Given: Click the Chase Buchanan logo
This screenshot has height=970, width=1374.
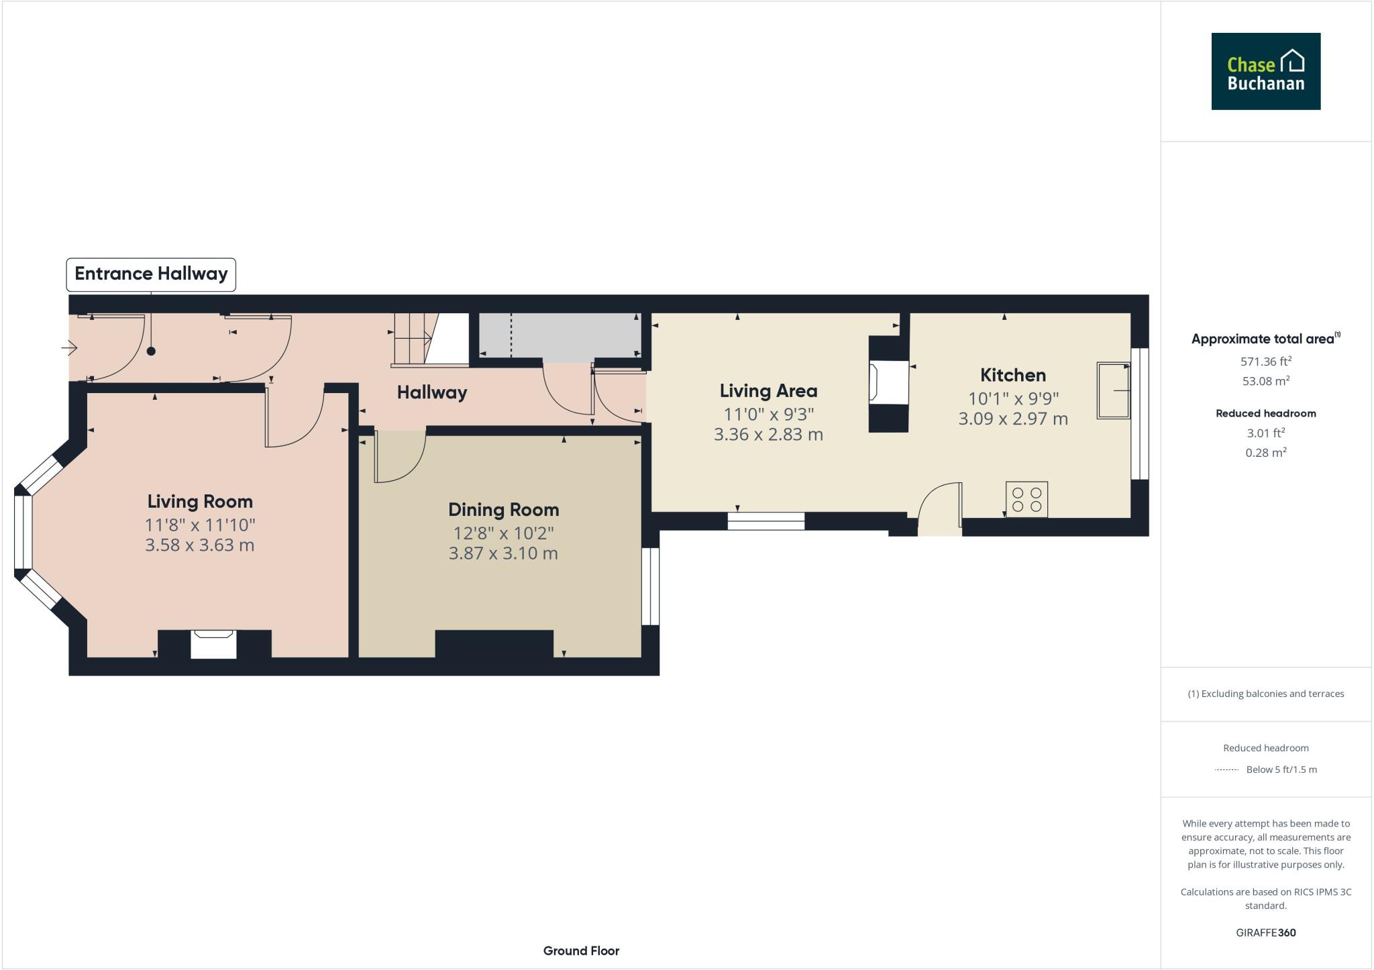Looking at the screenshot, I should pyautogui.click(x=1265, y=71).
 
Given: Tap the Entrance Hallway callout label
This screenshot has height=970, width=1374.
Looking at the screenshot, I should pyautogui.click(x=151, y=274).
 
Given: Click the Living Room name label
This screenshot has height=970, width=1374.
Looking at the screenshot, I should pyautogui.click(x=200, y=502).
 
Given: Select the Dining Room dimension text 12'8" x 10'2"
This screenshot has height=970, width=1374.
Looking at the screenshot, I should pyautogui.click(x=503, y=533).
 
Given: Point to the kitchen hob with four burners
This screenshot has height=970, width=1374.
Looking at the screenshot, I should pyautogui.click(x=1026, y=499).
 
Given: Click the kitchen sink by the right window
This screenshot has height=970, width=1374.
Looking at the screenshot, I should pyautogui.click(x=1113, y=390).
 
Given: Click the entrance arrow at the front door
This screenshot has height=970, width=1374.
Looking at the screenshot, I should pyautogui.click(x=70, y=347).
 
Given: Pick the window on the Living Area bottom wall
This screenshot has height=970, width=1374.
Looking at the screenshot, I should pyautogui.click(x=765, y=521).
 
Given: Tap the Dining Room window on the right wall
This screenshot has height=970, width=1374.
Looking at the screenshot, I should pyautogui.click(x=650, y=586).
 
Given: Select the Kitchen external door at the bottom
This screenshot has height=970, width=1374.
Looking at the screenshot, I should pyautogui.click(x=939, y=510).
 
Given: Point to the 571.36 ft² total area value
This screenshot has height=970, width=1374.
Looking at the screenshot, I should pyautogui.click(x=1265, y=362).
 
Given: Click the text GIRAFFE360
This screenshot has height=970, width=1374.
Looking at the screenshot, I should pyautogui.click(x=1265, y=932).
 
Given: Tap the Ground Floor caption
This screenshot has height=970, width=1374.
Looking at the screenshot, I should pyautogui.click(x=581, y=951).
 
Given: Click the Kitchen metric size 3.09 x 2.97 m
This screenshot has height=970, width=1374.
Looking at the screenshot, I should pyautogui.click(x=1012, y=419).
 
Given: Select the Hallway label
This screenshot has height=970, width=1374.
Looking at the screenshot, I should pyautogui.click(x=431, y=392).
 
